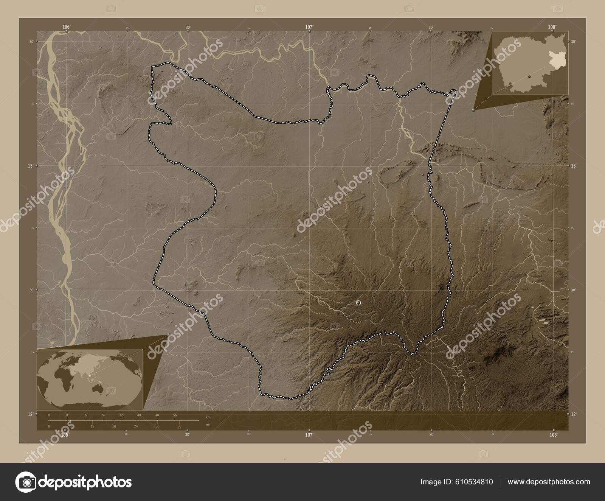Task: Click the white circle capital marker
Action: click(358, 303)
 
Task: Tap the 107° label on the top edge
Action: click(309, 27)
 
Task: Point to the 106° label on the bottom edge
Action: click(65, 435)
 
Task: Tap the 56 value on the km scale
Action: click(175, 415)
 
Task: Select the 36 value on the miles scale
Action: click(180, 426)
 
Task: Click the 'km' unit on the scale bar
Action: click(208, 417)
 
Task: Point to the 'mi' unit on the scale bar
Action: click(208, 425)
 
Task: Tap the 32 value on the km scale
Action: click(121, 415)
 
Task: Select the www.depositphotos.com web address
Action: click(549, 482)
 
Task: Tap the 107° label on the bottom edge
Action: click(309, 435)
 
